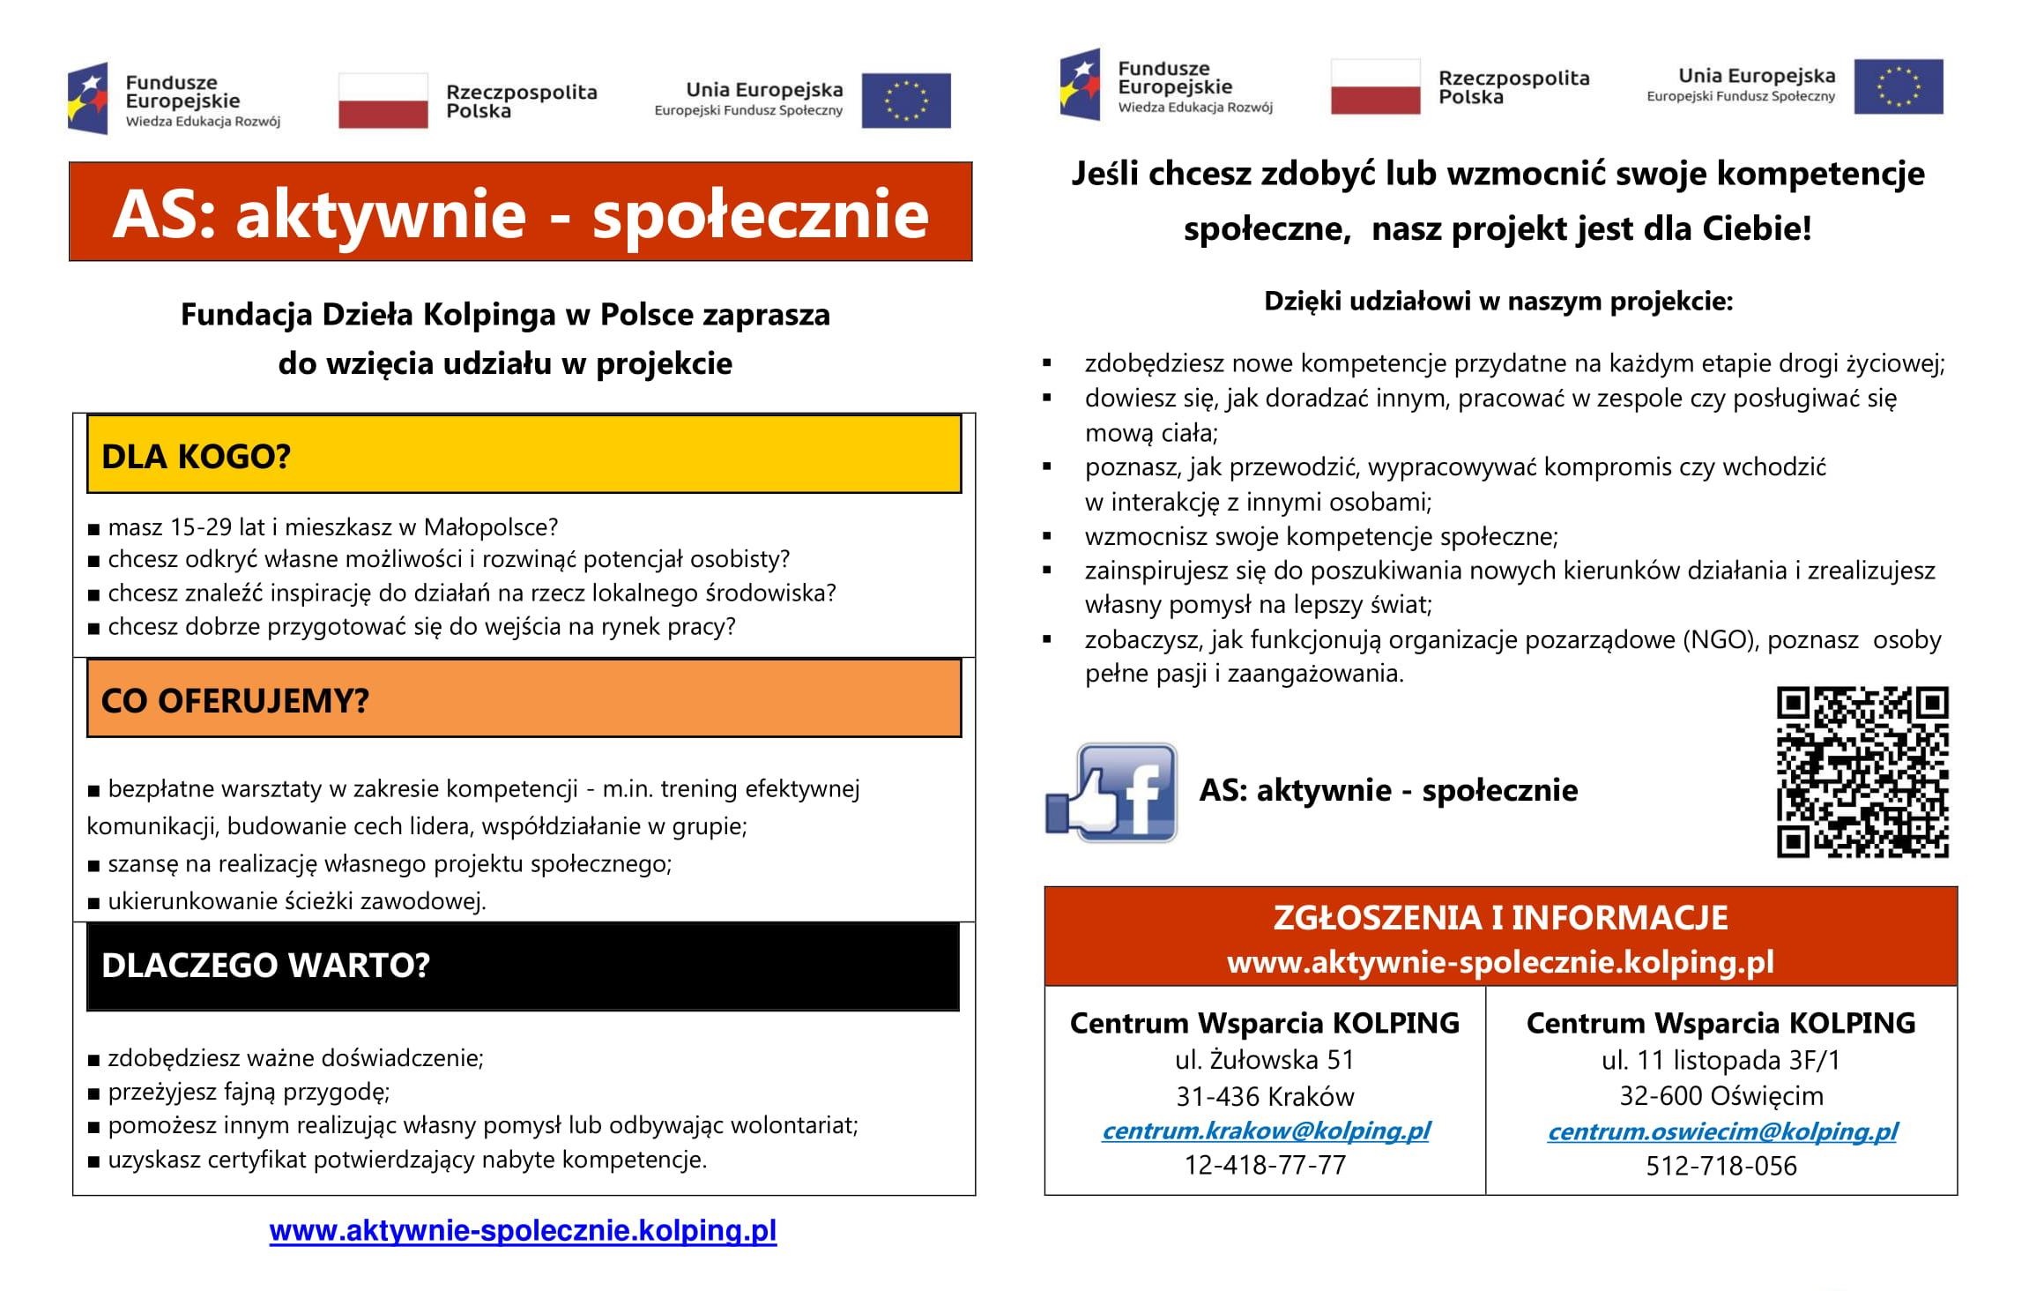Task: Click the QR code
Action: tap(1862, 772)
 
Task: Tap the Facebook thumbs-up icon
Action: tap(1111, 792)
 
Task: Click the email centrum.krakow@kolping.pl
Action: tap(1266, 1131)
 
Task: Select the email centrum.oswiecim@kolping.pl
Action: tap(1722, 1131)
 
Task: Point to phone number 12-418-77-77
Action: tap(1266, 1166)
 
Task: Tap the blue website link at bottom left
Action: tap(523, 1231)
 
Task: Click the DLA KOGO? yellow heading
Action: tap(524, 456)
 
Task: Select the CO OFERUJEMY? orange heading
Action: tap(524, 700)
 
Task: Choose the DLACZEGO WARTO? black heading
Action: tap(524, 966)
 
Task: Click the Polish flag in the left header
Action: tap(383, 101)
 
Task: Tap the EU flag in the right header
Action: tap(1899, 86)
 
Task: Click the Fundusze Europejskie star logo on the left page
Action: tap(88, 99)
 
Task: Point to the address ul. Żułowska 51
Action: tap(1265, 1060)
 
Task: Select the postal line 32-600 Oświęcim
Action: tap(1721, 1096)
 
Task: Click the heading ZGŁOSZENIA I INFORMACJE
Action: tap(1500, 918)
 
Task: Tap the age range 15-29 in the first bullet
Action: tap(201, 527)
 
